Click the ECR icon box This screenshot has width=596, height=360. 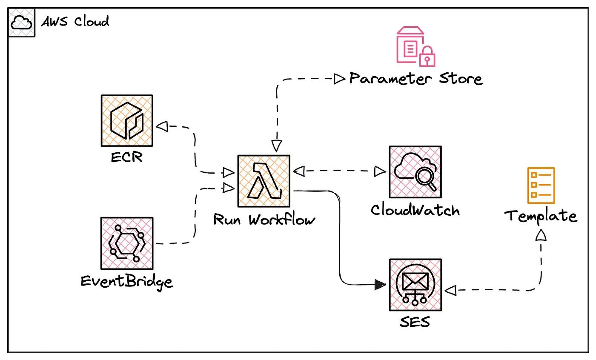[x=126, y=121]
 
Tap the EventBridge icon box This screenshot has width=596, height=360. [x=126, y=243]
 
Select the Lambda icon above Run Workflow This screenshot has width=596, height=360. [x=264, y=181]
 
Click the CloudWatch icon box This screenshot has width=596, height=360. [x=415, y=172]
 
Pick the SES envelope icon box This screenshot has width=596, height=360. [x=415, y=285]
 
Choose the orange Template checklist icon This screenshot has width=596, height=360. [x=541, y=186]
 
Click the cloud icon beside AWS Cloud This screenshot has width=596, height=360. [x=21, y=23]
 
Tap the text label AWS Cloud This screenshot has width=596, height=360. [x=75, y=21]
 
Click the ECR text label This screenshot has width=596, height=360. [x=126, y=157]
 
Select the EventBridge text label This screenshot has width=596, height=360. [x=127, y=281]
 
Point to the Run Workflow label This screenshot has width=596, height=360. [x=264, y=220]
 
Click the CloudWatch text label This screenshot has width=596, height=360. [x=415, y=210]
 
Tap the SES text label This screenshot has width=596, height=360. [x=415, y=322]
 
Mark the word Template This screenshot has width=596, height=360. [x=541, y=216]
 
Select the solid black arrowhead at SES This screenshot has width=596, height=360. [x=380, y=285]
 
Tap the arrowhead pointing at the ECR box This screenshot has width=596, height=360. [x=162, y=126]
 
